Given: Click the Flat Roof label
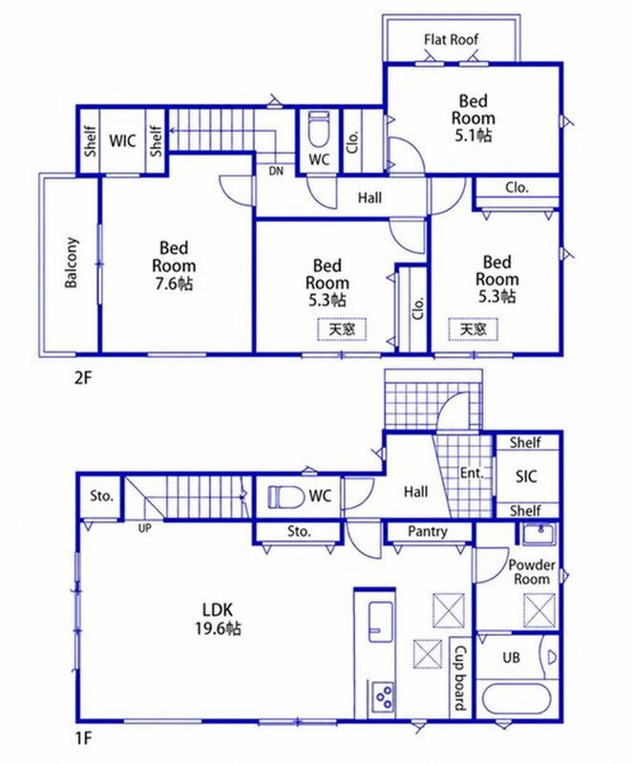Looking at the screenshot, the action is pyautogui.click(x=451, y=39).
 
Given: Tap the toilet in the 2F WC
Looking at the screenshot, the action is pyautogui.click(x=319, y=129).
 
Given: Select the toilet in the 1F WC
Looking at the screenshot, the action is pyautogui.click(x=281, y=497).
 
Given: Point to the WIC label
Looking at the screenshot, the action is pyautogui.click(x=122, y=140).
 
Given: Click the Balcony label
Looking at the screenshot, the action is pyautogui.click(x=72, y=263).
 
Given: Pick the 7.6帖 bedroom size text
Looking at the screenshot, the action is pyautogui.click(x=174, y=284).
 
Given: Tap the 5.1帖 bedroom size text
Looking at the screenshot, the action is pyautogui.click(x=473, y=135).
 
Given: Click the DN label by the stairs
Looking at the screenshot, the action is pyautogui.click(x=276, y=171).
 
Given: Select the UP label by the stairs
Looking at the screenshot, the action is pyautogui.click(x=145, y=528).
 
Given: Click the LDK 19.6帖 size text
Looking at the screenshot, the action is pyautogui.click(x=218, y=628).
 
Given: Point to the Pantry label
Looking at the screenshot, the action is pyautogui.click(x=428, y=531).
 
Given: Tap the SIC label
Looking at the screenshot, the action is pyautogui.click(x=526, y=476).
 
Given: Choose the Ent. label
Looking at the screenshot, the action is pyautogui.click(x=473, y=473).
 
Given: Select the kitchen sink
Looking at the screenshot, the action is pyautogui.click(x=381, y=622).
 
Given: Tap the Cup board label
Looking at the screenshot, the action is pyautogui.click(x=460, y=678).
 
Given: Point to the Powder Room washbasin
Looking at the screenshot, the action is pyautogui.click(x=539, y=535).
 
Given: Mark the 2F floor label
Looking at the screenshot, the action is pyautogui.click(x=83, y=377).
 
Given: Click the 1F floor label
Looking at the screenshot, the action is pyautogui.click(x=83, y=739).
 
